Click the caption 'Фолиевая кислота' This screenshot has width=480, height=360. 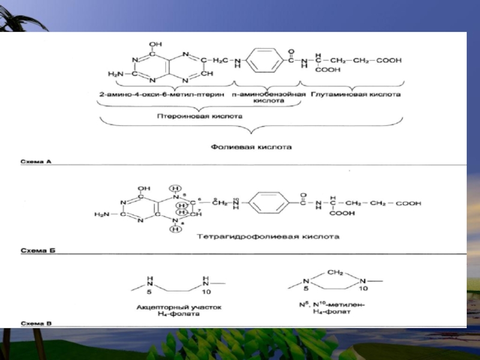pyautogui.click(x=251, y=146)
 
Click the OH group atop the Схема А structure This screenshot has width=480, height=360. pyautogui.click(x=154, y=43)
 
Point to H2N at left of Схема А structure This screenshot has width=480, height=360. pyautogui.click(x=116, y=73)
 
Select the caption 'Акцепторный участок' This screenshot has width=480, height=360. pyautogui.click(x=179, y=307)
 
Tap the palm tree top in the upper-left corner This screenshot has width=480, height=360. pyautogui.click(x=21, y=24)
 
